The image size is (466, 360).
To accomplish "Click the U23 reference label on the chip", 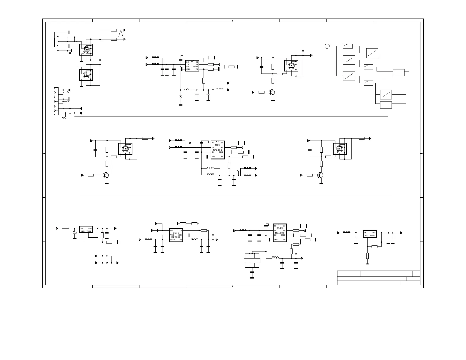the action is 217,145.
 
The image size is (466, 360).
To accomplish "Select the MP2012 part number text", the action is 176,237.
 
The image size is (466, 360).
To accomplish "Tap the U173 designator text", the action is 279,228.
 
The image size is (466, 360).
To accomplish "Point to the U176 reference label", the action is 176,233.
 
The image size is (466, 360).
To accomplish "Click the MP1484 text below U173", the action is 279,233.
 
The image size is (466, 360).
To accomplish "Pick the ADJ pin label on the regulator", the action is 366,236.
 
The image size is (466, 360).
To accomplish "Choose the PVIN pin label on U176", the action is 172,240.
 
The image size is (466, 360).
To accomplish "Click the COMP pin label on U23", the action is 221,152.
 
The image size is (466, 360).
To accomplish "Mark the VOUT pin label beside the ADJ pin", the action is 372,236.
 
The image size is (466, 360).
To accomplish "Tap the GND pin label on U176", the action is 180,235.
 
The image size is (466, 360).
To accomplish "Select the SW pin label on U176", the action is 181,240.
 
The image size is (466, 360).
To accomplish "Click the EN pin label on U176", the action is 171,230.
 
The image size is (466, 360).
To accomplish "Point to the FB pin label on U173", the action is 284,240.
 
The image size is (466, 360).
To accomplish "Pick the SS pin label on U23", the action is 222,143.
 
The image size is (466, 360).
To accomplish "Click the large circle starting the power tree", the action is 327,46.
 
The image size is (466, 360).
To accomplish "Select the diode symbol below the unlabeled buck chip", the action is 181,97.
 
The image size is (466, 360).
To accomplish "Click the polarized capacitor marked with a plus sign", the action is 75,233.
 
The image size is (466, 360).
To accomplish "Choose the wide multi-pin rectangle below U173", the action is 252,261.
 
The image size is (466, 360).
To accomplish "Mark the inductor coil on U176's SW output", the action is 195,239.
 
